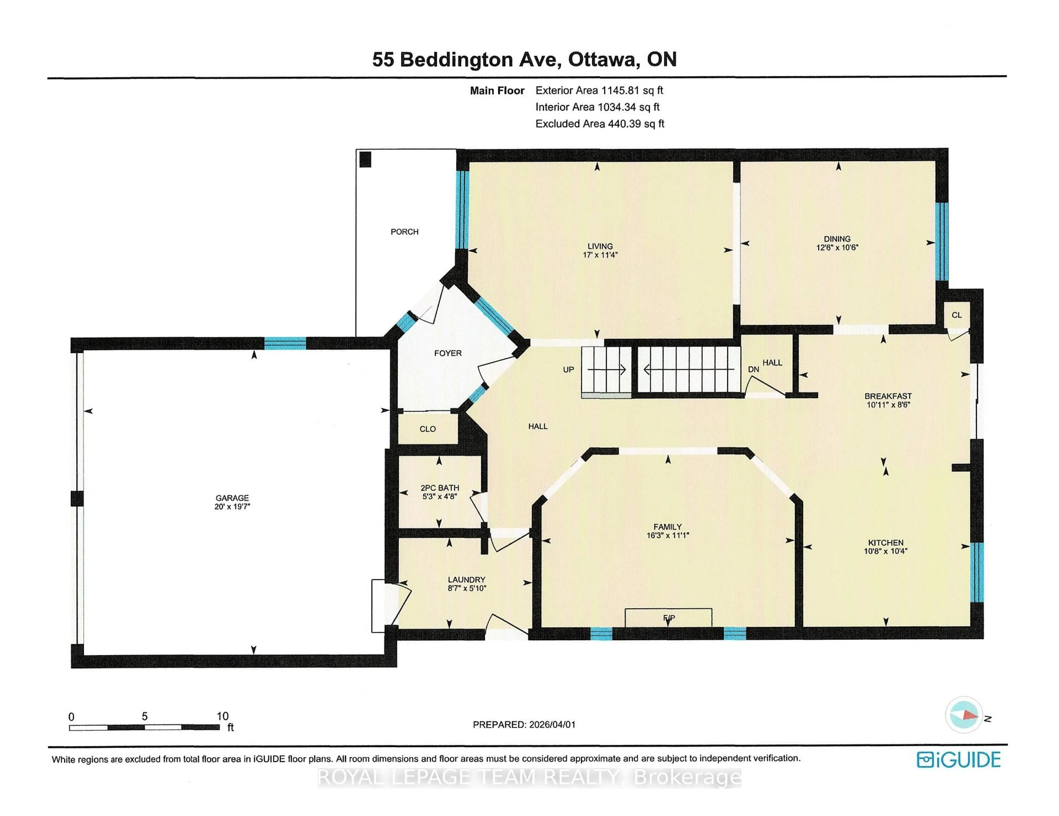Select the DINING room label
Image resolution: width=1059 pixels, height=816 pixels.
pos(837,238)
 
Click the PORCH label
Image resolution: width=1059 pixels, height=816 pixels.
pos(404,232)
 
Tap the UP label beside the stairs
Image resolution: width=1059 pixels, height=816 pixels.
pos(568,370)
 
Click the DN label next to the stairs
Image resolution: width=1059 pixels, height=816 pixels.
pos(753,369)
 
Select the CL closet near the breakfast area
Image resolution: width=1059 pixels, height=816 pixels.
pos(956,315)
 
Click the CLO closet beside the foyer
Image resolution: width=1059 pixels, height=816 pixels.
pos(427,429)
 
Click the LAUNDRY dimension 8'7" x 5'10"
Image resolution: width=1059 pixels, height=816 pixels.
pos(466,588)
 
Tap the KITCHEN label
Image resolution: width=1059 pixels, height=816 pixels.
pos(886,543)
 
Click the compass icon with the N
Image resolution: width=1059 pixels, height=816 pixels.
pos(964,715)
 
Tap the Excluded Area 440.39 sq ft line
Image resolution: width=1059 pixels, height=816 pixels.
pos(599,124)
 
